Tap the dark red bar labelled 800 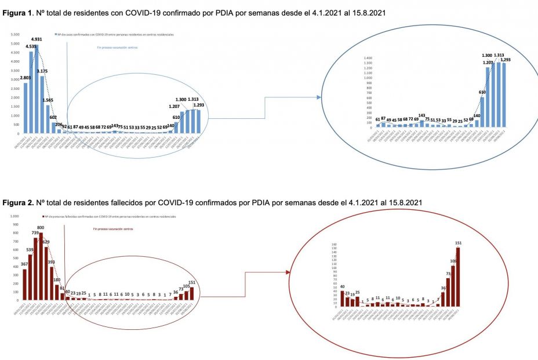pyautogui.click(x=41, y=267)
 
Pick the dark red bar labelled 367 pyautogui.click(x=25, y=285)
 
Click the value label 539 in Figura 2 pyautogui.click(x=30, y=250)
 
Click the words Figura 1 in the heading pyautogui.click(x=17, y=12)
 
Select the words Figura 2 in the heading pyautogui.click(x=17, y=202)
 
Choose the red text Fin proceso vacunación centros pyautogui.click(x=113, y=229)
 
